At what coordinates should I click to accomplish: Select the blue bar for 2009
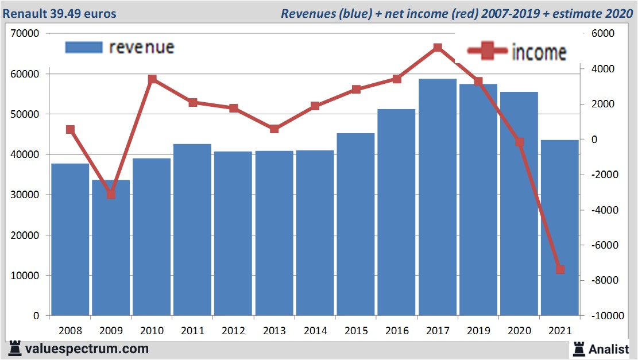click(x=111, y=247)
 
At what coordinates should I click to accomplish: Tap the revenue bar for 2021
click(x=560, y=227)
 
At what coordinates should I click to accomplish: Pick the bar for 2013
click(x=274, y=233)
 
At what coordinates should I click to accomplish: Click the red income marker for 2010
click(x=152, y=79)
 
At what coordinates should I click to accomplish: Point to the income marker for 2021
click(x=560, y=269)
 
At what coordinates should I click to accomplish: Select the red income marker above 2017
click(x=438, y=48)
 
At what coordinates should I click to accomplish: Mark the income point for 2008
click(x=70, y=130)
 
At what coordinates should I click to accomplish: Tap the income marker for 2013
click(x=274, y=129)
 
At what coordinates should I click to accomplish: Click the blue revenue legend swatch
click(x=83, y=47)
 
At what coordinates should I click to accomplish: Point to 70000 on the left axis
click(x=25, y=34)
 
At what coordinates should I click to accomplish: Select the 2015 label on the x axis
click(x=356, y=331)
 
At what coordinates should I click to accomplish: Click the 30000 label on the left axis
click(x=25, y=195)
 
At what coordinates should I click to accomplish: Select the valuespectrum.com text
click(x=87, y=349)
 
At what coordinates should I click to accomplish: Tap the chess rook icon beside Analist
click(x=578, y=348)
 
